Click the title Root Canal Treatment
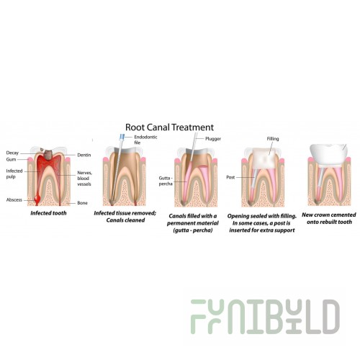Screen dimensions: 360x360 click(169, 127)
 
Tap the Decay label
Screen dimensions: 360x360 click(12, 153)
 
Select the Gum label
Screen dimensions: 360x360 click(11, 159)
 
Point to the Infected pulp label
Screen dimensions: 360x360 click(14, 174)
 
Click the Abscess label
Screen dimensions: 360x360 click(14, 200)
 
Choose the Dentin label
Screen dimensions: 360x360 click(84, 155)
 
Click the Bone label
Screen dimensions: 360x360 click(82, 203)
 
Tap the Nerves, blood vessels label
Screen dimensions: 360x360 click(84, 179)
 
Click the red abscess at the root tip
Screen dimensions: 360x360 click(37, 199)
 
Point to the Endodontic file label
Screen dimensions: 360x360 click(145, 140)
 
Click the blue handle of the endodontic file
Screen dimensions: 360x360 click(122, 138)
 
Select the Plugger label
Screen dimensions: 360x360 click(213, 139)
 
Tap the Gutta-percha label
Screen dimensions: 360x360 click(166, 181)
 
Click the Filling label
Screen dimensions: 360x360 click(273, 139)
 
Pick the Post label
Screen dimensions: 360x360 click(230, 177)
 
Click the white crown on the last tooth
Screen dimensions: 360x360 click(328, 154)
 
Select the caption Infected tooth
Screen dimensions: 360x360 click(48, 213)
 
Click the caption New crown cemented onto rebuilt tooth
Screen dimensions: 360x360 click(329, 218)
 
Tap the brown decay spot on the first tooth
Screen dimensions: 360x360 click(49, 155)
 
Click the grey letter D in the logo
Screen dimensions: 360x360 click(331, 317)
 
